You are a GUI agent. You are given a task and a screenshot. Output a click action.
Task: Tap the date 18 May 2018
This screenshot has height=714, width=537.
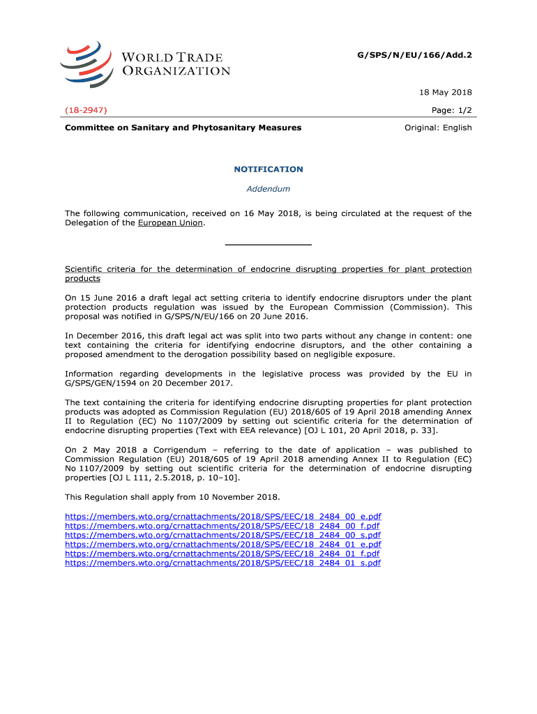[446, 93]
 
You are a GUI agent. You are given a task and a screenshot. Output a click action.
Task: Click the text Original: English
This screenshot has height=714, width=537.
[438, 128]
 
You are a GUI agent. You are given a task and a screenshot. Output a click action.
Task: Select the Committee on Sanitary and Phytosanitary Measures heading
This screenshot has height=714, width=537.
[183, 128]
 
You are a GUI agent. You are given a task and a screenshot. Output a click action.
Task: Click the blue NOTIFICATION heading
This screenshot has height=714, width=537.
[268, 169]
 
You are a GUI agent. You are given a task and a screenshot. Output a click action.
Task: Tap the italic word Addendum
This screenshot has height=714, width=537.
[268, 189]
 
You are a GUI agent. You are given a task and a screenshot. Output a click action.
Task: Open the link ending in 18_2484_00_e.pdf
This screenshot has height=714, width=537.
[223, 517]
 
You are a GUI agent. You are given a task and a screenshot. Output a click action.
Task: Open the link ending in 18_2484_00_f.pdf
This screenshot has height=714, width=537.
[222, 526]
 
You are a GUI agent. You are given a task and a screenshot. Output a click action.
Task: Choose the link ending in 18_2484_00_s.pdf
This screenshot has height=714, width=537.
[223, 535]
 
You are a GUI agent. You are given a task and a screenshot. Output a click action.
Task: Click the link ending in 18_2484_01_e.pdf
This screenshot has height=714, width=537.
[223, 545]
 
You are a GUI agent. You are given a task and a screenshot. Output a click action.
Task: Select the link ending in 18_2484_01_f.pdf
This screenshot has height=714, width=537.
[222, 554]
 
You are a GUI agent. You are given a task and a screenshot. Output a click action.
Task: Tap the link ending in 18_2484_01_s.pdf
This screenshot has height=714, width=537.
[223, 563]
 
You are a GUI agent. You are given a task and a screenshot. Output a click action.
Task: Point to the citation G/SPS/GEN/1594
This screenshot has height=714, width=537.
[100, 383]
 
